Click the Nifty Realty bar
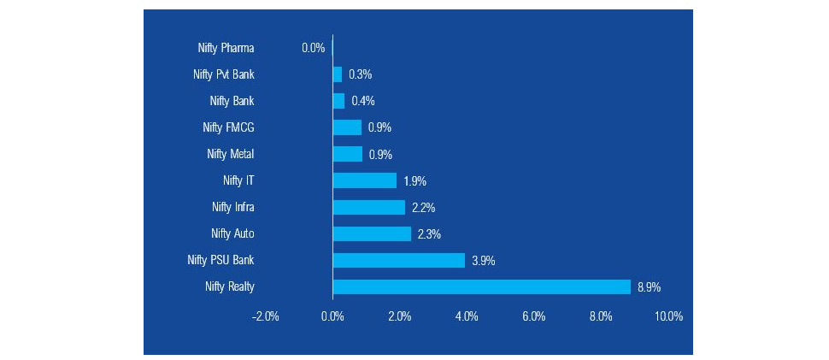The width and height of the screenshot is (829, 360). click(481, 286)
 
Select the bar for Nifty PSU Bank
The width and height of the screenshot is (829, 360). click(398, 260)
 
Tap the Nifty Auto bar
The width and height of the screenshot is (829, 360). click(372, 233)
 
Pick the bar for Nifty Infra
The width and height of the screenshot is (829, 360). click(368, 207)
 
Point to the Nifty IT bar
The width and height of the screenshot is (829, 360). click(364, 180)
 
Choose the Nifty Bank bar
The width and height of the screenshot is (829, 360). click(338, 101)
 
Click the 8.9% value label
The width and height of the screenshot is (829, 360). click(650, 286)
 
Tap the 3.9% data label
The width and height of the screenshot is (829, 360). click(484, 260)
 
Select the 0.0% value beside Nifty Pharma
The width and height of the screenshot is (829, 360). click(313, 48)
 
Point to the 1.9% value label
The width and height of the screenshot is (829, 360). click(415, 180)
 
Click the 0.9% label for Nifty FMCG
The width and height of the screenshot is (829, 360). click(379, 127)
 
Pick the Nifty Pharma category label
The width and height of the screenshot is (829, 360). click(226, 48)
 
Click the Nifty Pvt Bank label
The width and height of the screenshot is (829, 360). click(224, 74)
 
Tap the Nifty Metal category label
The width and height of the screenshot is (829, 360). click(231, 154)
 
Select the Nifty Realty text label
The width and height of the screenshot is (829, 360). click(230, 286)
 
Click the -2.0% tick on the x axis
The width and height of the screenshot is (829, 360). click(265, 316)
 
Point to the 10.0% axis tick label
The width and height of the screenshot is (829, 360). click(668, 316)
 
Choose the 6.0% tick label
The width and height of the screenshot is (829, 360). click(533, 316)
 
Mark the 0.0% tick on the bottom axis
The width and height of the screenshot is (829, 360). click(332, 316)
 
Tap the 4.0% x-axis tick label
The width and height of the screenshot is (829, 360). click(467, 316)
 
